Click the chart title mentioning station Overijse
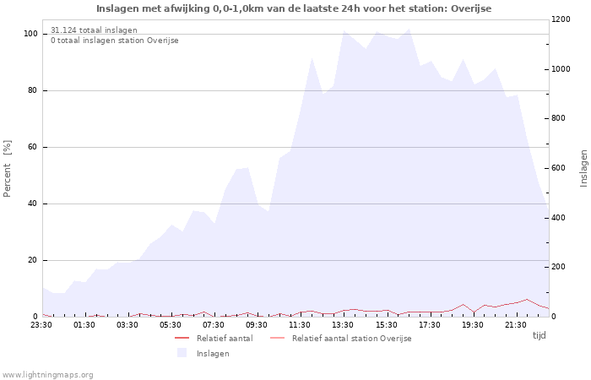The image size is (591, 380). tap(294, 8)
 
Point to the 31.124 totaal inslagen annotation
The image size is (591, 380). tap(94, 30)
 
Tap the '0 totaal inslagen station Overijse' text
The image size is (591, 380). tap(115, 41)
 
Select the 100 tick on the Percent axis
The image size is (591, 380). tap(30, 34)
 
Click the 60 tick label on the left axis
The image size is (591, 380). tap(32, 147)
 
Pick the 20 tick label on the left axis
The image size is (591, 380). tap(32, 260)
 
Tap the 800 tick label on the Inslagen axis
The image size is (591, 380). tap(559, 118)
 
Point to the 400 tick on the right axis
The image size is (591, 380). tap(559, 218)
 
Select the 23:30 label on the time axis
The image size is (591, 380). tap(41, 325)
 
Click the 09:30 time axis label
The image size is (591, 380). tap(257, 325)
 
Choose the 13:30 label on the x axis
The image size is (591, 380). tap(343, 325)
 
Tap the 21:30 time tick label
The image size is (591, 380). tap(515, 325)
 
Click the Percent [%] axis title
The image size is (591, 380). tap(7, 169)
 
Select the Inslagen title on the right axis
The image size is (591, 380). tap(583, 168)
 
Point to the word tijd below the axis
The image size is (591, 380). tap(539, 335)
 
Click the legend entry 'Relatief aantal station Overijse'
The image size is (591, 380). tap(341, 338)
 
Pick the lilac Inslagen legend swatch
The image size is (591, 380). tap(182, 353)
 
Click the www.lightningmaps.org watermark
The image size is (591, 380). tap(47, 375)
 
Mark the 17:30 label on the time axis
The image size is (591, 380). tap(429, 325)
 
